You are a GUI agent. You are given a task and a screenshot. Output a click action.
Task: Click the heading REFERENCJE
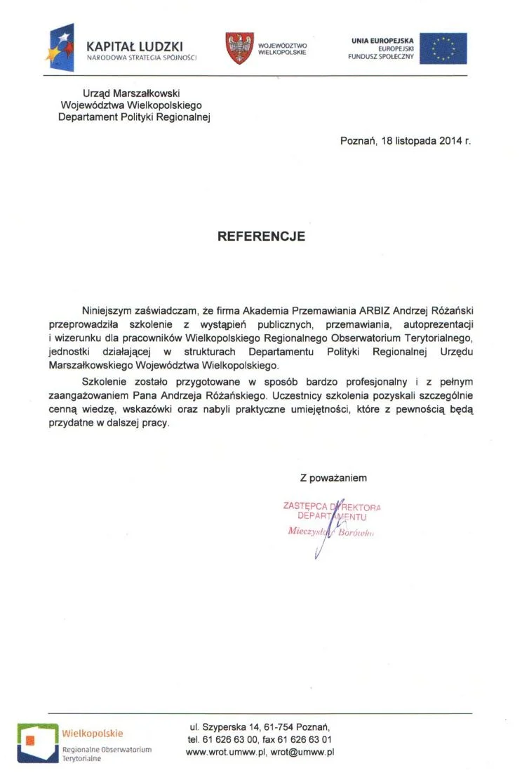coord(261,237)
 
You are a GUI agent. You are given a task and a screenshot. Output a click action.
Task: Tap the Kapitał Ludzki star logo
coord(61,46)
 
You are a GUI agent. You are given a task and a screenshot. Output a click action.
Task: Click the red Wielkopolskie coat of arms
coord(239,48)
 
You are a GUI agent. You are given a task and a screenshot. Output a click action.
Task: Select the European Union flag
coord(443,48)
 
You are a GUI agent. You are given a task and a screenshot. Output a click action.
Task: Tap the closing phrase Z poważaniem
coord(333,478)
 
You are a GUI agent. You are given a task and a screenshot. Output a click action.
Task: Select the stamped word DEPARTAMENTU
coord(333,517)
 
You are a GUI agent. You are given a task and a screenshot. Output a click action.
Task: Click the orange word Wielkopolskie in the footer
coord(93,734)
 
